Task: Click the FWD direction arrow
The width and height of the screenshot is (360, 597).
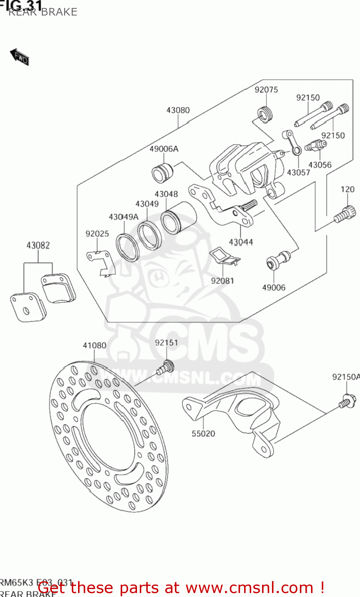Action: tap(19, 57)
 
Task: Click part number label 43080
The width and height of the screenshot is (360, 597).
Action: tap(178, 110)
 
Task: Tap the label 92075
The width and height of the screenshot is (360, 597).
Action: tap(266, 90)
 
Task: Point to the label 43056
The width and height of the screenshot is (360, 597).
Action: tap(320, 165)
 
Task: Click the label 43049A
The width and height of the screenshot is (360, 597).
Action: tap(123, 217)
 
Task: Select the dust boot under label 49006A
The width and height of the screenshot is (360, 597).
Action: tap(162, 172)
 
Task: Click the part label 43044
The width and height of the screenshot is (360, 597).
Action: tap(241, 242)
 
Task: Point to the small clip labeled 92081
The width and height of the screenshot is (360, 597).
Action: tap(225, 257)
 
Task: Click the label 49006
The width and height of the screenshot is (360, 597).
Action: tap(274, 288)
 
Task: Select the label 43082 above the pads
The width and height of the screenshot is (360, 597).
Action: tap(38, 246)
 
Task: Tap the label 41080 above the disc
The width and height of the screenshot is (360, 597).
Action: tap(94, 345)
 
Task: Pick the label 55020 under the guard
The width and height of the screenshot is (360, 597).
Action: tap(203, 434)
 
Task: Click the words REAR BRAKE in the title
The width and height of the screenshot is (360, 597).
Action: tap(43, 12)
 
